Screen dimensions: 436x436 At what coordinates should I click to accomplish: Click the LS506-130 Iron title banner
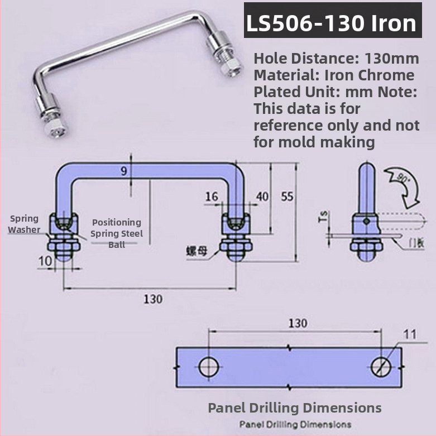[333, 23]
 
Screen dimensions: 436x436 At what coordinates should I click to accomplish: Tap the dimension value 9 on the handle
[123, 171]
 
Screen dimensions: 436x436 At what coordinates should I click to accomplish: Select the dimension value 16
[212, 197]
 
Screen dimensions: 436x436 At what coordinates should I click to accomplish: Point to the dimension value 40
[262, 197]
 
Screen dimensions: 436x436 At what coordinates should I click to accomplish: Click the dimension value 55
[287, 197]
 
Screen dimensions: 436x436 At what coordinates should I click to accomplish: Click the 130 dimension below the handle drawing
[152, 299]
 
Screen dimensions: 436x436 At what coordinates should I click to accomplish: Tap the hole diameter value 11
[410, 334]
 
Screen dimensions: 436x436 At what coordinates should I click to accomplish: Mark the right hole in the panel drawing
[382, 367]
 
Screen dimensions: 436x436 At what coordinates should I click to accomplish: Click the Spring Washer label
[23, 224]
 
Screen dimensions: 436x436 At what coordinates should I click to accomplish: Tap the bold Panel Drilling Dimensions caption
[295, 408]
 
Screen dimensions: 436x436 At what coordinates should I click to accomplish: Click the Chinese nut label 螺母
[197, 251]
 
